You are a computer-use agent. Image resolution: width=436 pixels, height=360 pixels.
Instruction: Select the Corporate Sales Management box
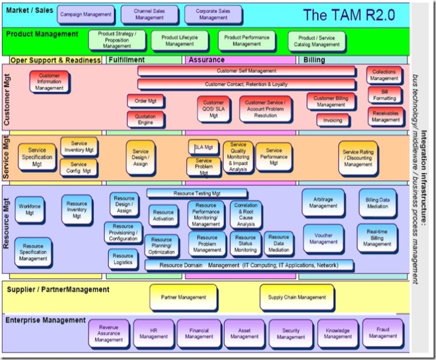click(x=213, y=14)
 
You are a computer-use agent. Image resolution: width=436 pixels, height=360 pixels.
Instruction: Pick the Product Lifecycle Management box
click(x=180, y=40)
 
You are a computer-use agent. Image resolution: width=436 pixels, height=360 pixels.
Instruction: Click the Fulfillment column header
click(x=127, y=60)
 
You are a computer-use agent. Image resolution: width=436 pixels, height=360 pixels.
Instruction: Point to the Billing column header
click(x=314, y=60)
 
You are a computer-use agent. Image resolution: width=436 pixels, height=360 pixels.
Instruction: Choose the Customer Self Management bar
click(x=246, y=71)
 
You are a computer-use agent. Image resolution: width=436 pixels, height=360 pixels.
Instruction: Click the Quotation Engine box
click(x=145, y=119)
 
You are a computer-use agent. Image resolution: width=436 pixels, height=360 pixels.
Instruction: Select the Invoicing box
click(x=333, y=121)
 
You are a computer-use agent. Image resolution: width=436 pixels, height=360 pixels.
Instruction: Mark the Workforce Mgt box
click(x=29, y=209)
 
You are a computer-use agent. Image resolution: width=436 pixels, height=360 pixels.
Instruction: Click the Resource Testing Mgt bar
click(x=197, y=193)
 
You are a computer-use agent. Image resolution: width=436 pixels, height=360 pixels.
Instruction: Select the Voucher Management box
click(x=323, y=239)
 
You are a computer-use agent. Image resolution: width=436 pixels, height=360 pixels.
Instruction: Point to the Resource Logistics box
click(x=124, y=259)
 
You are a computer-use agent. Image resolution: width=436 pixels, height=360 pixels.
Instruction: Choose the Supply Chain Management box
click(x=297, y=297)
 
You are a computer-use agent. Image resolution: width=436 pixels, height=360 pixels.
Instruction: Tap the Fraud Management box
click(x=383, y=333)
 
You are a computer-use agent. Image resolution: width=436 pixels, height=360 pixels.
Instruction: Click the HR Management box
click(x=153, y=333)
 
